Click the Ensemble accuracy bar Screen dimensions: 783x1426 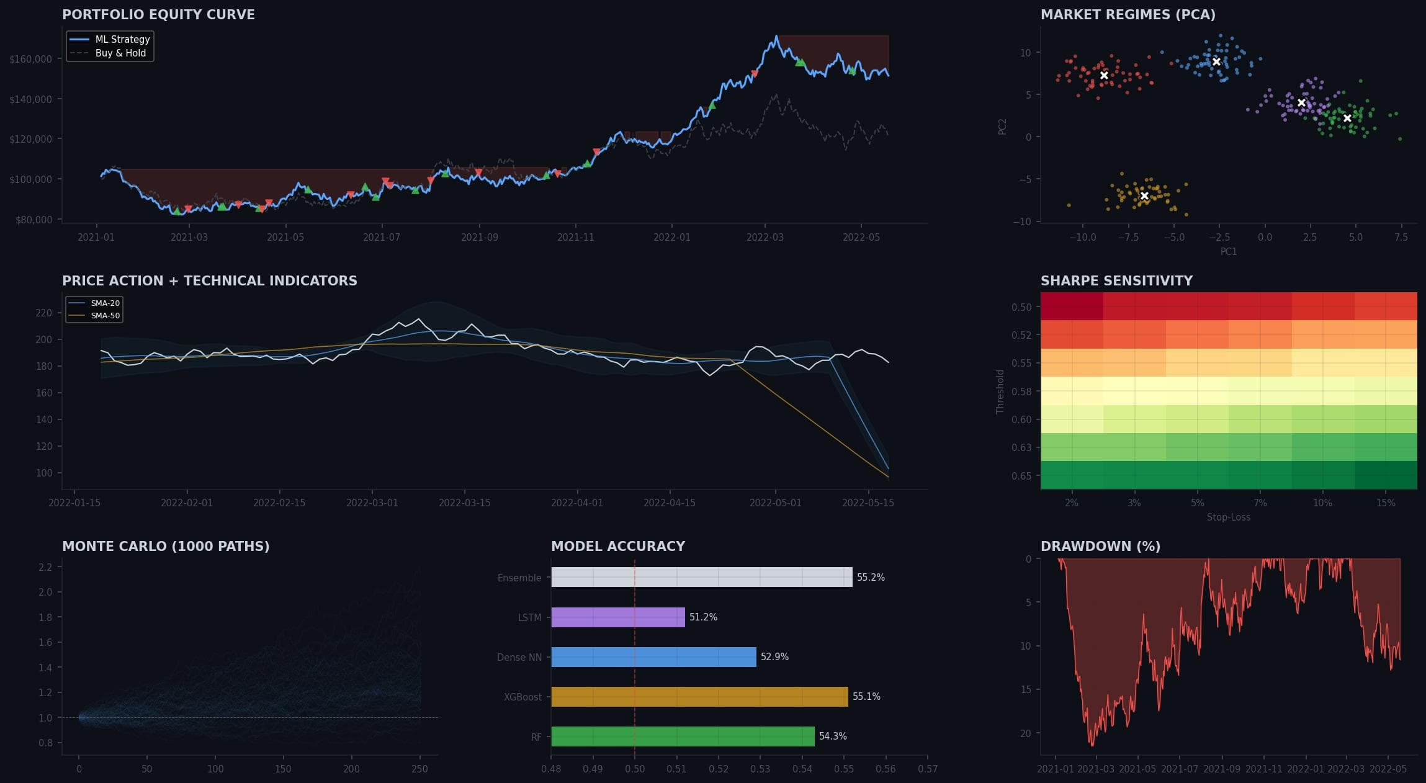pyautogui.click(x=701, y=577)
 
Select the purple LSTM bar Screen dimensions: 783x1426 pyautogui.click(x=617, y=617)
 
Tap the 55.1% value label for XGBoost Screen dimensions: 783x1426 pyautogui.click(x=866, y=697)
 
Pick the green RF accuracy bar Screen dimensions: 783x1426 pyautogui.click(x=683, y=736)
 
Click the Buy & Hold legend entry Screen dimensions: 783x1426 pyautogui.click(x=120, y=53)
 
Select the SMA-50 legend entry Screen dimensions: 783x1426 pyautogui.click(x=105, y=316)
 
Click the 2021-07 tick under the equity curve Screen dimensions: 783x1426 pyautogui.click(x=381, y=238)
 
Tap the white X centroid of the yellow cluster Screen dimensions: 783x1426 pyautogui.click(x=1144, y=196)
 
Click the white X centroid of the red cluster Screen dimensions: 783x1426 pyautogui.click(x=1104, y=76)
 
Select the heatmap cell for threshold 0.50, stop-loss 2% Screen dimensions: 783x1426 pyautogui.click(x=1072, y=306)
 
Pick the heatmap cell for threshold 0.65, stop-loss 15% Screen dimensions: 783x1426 pyautogui.click(x=1386, y=475)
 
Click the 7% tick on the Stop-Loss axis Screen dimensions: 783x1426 pyautogui.click(x=1260, y=503)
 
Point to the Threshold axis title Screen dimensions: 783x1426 pyautogui.click(x=1000, y=391)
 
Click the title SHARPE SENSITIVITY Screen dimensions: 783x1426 pyautogui.click(x=1116, y=281)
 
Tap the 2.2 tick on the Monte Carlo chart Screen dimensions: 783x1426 pyautogui.click(x=45, y=567)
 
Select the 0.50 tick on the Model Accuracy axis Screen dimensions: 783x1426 pyautogui.click(x=634, y=769)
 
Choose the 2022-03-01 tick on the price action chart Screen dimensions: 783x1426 pyautogui.click(x=372, y=503)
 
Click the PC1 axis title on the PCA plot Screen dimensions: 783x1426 pyautogui.click(x=1228, y=252)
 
